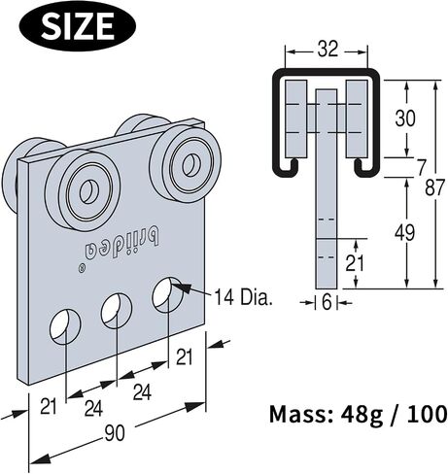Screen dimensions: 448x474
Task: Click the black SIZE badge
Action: pyautogui.click(x=78, y=25)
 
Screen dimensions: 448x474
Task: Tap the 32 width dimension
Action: pyautogui.click(x=327, y=51)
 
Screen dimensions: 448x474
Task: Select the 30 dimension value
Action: pyautogui.click(x=405, y=118)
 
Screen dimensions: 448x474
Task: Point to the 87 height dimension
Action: pyautogui.click(x=433, y=187)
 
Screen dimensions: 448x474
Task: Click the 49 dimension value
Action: pyautogui.click(x=405, y=233)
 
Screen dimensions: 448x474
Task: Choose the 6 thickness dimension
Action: pyautogui.click(x=327, y=303)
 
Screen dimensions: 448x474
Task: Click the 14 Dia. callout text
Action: pyautogui.click(x=243, y=297)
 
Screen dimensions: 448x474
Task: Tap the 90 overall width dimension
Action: pyautogui.click(x=115, y=433)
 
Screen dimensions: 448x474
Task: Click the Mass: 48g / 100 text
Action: pyautogui.click(x=359, y=415)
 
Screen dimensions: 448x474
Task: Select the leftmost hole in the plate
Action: pyautogui.click(x=65, y=327)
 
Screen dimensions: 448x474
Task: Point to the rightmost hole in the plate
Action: pyautogui.click(x=168, y=294)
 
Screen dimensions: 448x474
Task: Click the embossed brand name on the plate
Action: pyautogui.click(x=122, y=245)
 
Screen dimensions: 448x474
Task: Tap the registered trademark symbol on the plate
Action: pyautogui.click(x=83, y=268)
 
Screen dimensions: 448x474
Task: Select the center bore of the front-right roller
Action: pyautogui.click(x=189, y=164)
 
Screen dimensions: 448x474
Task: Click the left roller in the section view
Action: pyautogui.click(x=295, y=118)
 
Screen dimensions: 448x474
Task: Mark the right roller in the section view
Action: pyautogui.click(x=357, y=118)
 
